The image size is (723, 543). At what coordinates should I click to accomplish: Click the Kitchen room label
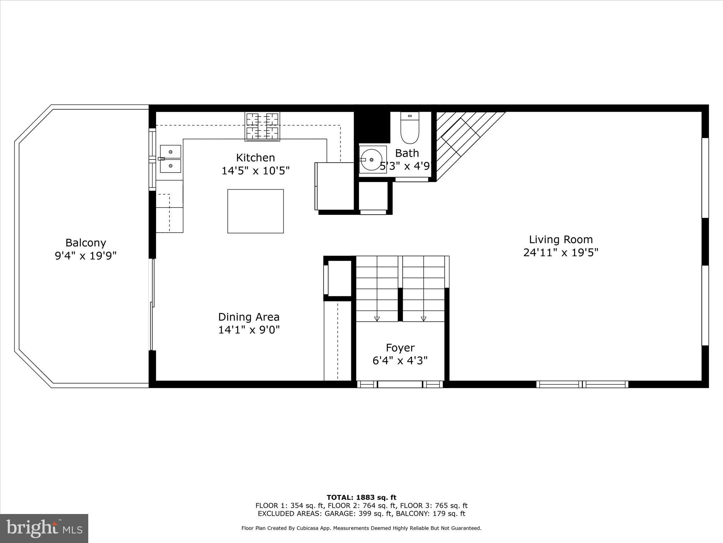[x=255, y=158]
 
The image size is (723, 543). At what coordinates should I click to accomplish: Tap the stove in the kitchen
[x=262, y=127]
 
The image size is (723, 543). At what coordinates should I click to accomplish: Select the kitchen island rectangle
[x=255, y=211]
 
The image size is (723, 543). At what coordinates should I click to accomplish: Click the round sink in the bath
[x=371, y=160]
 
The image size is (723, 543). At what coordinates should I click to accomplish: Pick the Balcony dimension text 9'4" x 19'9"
[x=85, y=256]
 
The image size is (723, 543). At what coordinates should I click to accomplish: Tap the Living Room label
[x=561, y=240]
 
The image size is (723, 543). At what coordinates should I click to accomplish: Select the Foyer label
[x=400, y=348]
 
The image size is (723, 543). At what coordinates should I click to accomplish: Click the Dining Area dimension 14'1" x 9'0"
[x=249, y=330]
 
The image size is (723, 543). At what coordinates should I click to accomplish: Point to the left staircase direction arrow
[x=377, y=318]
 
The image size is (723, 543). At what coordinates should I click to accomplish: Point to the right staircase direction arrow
[x=424, y=318]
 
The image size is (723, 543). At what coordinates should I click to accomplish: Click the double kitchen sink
[x=171, y=159]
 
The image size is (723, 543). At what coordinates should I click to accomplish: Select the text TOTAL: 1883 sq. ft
[x=361, y=498]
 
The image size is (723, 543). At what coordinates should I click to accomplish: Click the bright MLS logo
[x=44, y=529]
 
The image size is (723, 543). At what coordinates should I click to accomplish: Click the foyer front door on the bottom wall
[x=400, y=384]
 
